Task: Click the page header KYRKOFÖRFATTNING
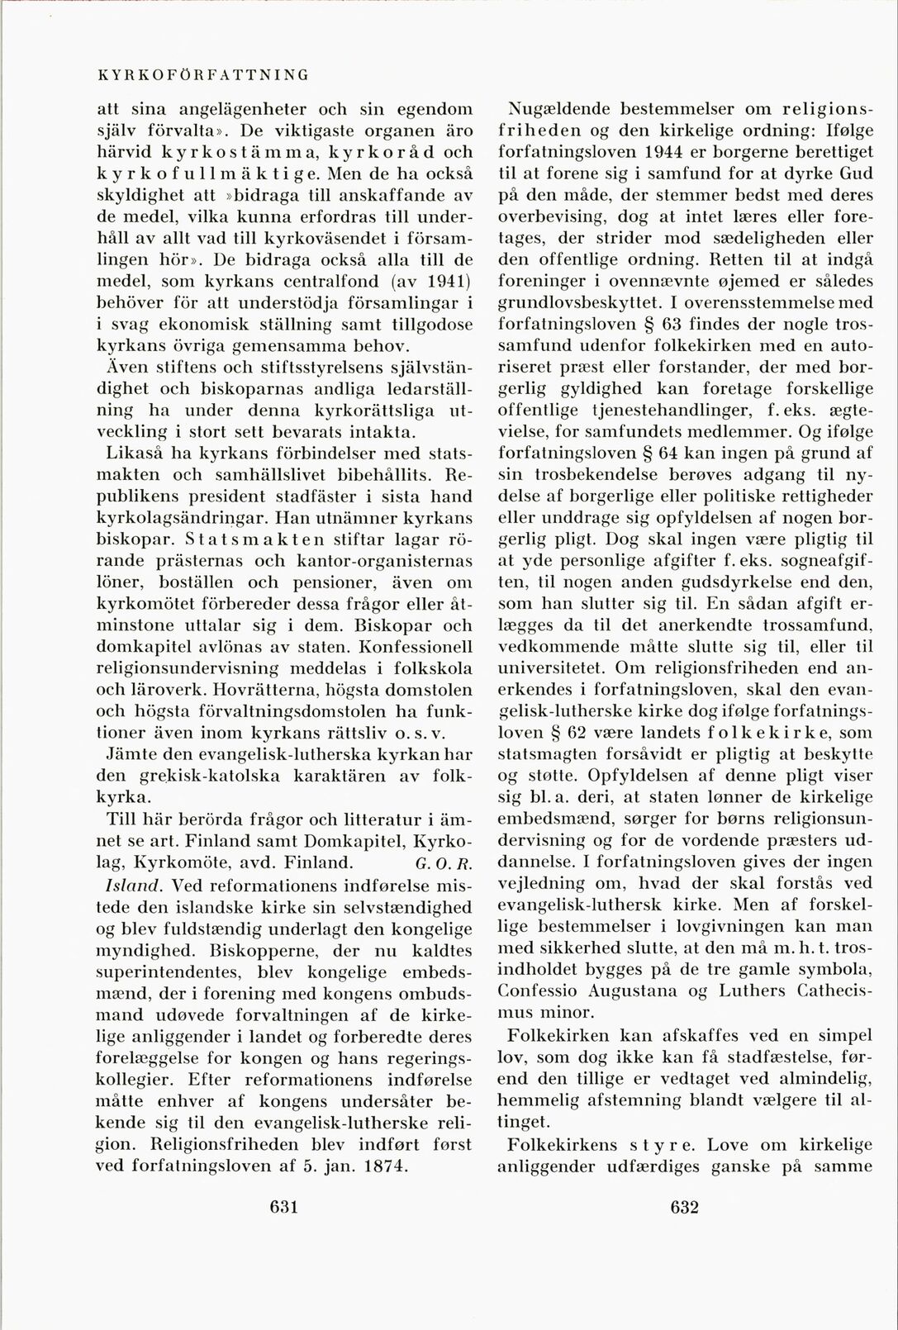pos(203,74)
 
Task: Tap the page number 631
pos(283,1207)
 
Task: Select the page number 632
pos(685,1207)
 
